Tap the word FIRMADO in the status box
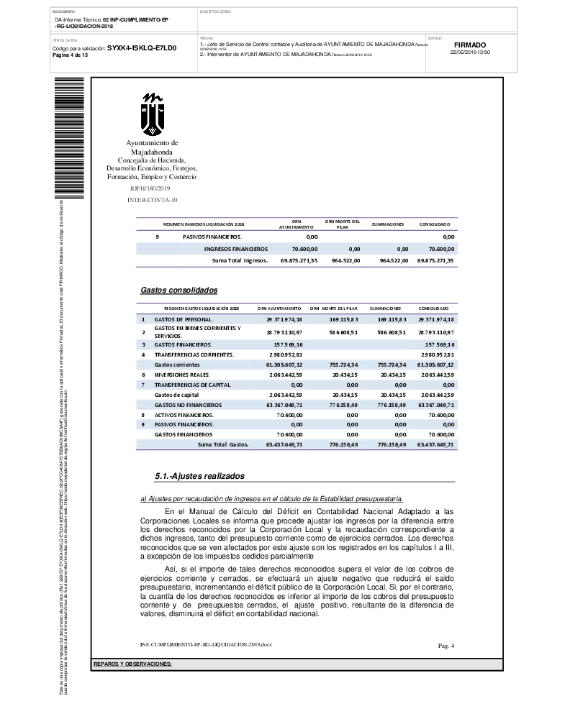point(470,45)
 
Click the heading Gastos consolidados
point(178,290)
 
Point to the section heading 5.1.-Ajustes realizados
point(200,476)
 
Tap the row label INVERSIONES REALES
point(182,375)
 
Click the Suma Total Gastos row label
point(223,445)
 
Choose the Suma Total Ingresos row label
point(240,260)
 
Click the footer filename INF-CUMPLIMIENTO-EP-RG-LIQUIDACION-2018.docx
point(206,644)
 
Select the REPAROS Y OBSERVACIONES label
point(133,664)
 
